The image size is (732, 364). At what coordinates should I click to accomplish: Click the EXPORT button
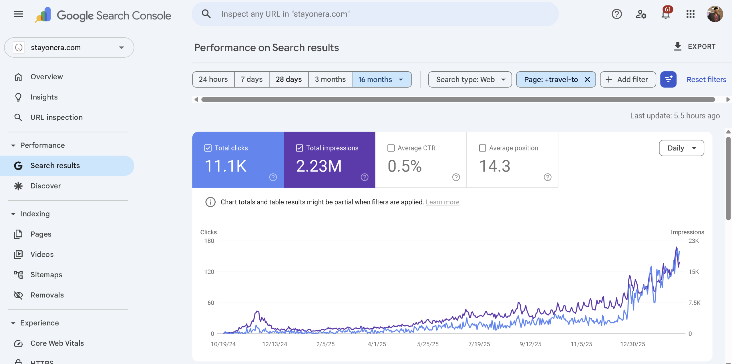695,47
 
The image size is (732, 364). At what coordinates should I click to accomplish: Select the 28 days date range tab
289,79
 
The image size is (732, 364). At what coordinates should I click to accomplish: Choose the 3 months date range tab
330,79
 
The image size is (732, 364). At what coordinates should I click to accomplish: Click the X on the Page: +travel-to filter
587,79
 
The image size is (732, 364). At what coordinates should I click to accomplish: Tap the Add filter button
628,79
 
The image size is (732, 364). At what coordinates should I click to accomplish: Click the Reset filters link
706,79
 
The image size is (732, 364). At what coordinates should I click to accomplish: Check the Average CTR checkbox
391,148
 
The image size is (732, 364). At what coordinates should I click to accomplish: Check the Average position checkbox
482,148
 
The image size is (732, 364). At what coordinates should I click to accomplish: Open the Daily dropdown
681,148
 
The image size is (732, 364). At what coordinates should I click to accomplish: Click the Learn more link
442,202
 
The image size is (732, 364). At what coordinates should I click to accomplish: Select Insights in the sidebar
44,97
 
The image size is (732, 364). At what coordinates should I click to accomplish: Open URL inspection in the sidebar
56,117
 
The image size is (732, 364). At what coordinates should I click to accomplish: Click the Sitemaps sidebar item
46,275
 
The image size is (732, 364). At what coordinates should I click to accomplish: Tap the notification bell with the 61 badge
666,14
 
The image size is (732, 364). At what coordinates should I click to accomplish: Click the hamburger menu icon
18,14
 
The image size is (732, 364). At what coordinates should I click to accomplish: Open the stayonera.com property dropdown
69,47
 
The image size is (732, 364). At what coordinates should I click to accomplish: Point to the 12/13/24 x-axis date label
274,344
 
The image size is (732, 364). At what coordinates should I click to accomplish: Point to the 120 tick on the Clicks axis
209,272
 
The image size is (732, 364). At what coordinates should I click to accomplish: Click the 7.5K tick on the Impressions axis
694,303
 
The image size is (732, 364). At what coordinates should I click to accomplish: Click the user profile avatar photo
715,14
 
